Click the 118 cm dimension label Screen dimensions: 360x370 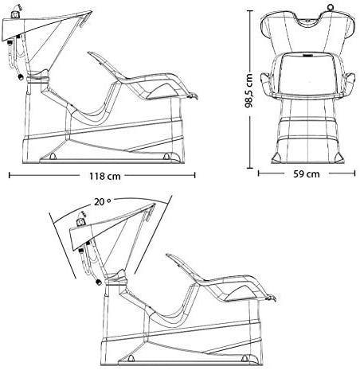pyautogui.click(x=105, y=176)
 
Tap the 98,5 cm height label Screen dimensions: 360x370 pyautogui.click(x=248, y=90)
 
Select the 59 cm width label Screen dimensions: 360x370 pyautogui.click(x=307, y=173)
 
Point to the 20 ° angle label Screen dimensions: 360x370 pyautogui.click(x=103, y=202)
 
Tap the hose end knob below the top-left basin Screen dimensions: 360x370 pyautogui.click(x=20, y=77)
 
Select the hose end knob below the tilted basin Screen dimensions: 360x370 pyautogui.click(x=99, y=282)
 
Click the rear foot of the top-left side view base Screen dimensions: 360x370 pyautogui.click(x=53, y=156)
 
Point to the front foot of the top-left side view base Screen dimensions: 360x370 pyautogui.click(x=166, y=156)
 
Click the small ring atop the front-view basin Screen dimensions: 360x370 pyautogui.click(x=331, y=6)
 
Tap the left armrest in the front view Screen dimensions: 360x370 pyautogui.click(x=266, y=83)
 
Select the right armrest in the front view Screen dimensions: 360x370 pyautogui.click(x=350, y=83)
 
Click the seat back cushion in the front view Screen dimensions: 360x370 pyautogui.click(x=307, y=73)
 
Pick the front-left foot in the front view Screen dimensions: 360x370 pyautogui.click(x=277, y=158)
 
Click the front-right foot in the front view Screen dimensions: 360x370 pyautogui.click(x=338, y=158)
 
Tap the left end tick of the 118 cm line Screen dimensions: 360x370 pyautogui.click(x=10, y=175)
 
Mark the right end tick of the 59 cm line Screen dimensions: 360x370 pyautogui.click(x=354, y=173)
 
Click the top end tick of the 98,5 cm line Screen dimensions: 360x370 pyautogui.click(x=249, y=11)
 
